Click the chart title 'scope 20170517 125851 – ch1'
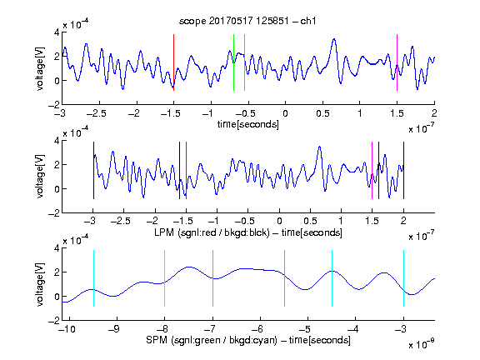click(247, 21)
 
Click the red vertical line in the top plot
click(173, 62)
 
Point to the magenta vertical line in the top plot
click(397, 62)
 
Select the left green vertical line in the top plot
click(233, 62)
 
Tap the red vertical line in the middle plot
click(186, 171)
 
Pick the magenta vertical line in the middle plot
click(372, 171)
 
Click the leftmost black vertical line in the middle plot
click(93, 171)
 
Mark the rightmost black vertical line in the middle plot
click(403, 171)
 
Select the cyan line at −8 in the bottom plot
click(164, 278)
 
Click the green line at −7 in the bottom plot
click(212, 278)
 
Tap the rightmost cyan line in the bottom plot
click(403, 278)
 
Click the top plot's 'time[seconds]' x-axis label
click(248, 125)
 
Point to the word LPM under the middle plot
click(164, 232)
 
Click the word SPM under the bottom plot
click(157, 340)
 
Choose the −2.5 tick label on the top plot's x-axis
click(96, 113)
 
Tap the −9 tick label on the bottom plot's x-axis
click(113, 330)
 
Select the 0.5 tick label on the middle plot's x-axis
click(310, 221)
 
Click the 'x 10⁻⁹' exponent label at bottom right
click(421, 344)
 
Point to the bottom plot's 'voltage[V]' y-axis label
click(40, 284)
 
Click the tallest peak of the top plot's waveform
click(334, 39)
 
